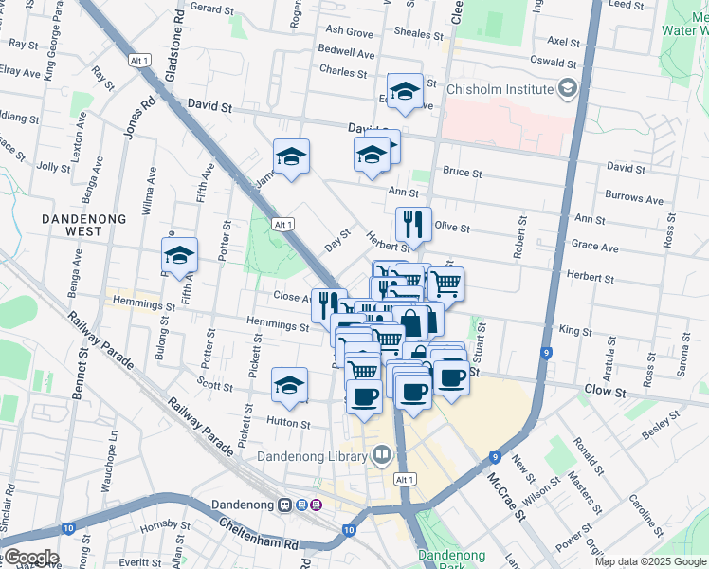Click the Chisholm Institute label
500,89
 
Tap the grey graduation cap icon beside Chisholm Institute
568,89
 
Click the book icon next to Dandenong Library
381,456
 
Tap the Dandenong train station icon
283,505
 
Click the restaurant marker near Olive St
413,225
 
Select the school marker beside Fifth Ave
179,255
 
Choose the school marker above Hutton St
290,385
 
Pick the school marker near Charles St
406,91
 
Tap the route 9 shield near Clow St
547,354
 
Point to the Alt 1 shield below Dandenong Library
405,480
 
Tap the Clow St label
606,391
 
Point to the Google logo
30,558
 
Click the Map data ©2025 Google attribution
650,561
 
